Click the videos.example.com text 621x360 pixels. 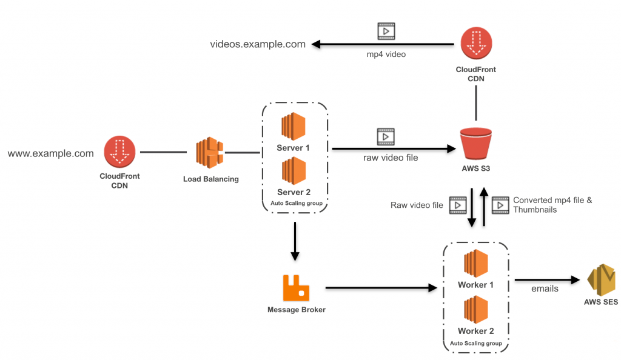tap(258, 44)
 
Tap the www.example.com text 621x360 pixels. tap(51, 153)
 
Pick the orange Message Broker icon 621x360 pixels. tap(296, 288)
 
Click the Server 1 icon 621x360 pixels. tap(294, 125)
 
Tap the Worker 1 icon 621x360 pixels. tap(475, 264)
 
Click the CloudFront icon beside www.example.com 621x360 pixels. tap(119, 152)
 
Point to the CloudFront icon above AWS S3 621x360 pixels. tap(475, 45)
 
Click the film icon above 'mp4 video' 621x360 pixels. tap(386, 30)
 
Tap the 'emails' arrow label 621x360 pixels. tap(544, 289)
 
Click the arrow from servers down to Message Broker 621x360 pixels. tap(295, 241)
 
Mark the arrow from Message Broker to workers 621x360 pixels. tap(381, 288)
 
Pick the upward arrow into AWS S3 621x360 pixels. tap(484, 206)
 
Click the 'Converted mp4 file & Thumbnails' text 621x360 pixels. tap(552, 205)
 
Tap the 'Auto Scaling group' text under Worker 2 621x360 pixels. tap(475, 344)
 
